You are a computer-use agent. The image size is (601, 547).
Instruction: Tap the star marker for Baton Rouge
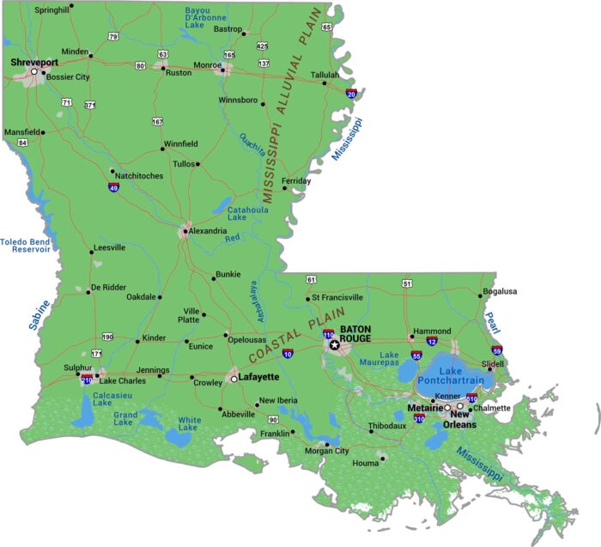[x=335, y=345]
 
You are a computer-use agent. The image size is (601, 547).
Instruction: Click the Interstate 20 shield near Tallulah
[x=350, y=94]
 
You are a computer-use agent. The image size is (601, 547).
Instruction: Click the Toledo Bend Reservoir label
[x=25, y=246]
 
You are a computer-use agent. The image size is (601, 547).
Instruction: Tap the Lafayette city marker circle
[x=234, y=378]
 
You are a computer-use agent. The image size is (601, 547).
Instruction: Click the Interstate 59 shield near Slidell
[x=497, y=350]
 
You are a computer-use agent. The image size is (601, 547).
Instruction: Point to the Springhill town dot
[x=71, y=5]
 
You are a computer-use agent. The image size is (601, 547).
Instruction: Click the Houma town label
[x=366, y=464]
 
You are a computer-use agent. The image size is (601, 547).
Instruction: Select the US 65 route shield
[x=326, y=27]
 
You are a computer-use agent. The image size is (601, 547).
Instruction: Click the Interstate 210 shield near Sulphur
[x=87, y=378]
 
